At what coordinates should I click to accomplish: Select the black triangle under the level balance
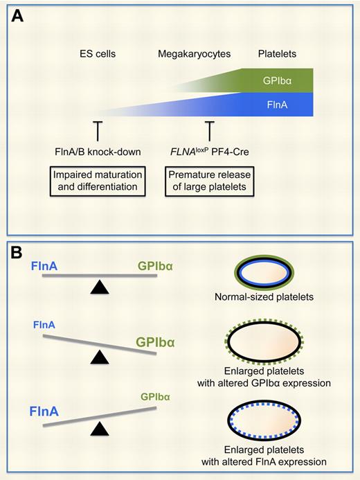click(100, 289)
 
